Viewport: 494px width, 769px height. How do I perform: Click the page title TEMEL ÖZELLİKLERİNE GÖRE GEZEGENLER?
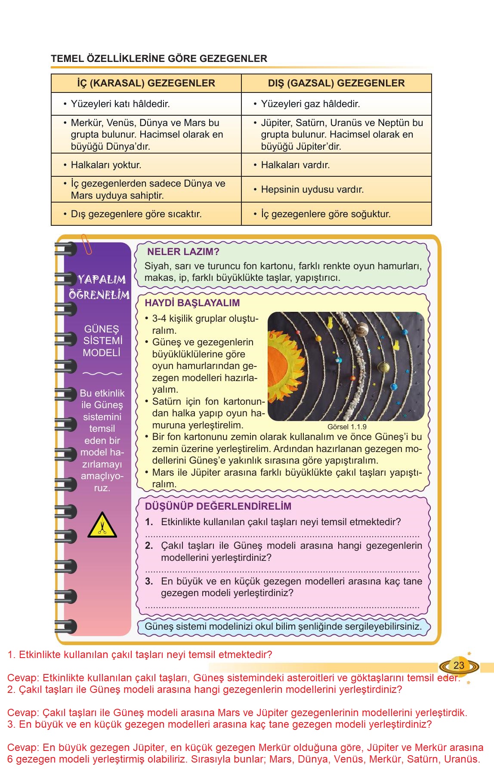tap(159, 58)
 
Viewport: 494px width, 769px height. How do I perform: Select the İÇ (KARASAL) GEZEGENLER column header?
tap(146, 83)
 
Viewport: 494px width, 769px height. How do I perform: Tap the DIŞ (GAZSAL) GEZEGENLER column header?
tap(336, 83)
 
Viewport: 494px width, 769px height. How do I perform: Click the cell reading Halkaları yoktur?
tap(106, 165)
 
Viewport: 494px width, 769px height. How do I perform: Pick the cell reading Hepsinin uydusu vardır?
tap(312, 189)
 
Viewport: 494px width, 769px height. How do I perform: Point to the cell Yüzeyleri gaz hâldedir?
tap(310, 104)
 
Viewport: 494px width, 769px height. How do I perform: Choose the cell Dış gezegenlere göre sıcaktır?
tap(136, 214)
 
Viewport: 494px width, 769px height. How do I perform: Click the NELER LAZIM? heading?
tap(183, 252)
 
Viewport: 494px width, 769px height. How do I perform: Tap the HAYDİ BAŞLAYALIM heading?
tap(192, 303)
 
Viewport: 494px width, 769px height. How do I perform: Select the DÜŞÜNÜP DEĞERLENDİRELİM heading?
tap(218, 506)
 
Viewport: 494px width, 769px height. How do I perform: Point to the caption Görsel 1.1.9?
tap(347, 427)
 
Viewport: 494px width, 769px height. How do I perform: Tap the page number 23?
tap(459, 665)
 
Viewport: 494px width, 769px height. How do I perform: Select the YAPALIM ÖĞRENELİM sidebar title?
tap(99, 287)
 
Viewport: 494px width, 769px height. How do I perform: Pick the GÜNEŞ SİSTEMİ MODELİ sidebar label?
tap(102, 341)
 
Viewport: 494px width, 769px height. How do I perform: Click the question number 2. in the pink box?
tap(149, 546)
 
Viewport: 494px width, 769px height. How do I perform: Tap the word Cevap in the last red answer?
tap(23, 747)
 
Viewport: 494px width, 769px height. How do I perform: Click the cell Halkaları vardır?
tap(295, 165)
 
